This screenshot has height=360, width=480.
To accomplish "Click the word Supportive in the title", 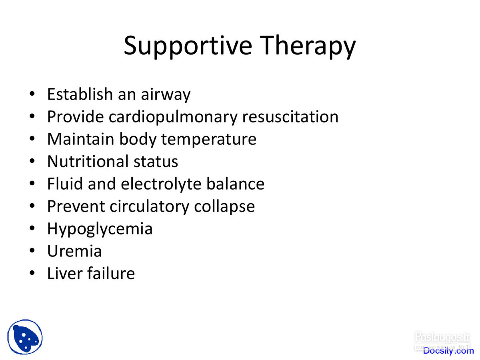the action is click(188, 46).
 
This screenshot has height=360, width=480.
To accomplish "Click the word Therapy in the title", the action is click(308, 46).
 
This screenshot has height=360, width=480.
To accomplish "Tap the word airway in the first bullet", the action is click(166, 95).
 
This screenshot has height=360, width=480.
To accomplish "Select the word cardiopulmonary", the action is click(173, 117).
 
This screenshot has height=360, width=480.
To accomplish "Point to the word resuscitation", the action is click(290, 117).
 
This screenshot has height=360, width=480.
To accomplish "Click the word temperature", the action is click(209, 140).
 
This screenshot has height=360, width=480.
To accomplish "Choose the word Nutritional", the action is click(88, 161).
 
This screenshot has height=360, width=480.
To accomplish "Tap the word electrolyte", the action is click(161, 184).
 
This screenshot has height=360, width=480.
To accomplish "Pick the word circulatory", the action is click(149, 207).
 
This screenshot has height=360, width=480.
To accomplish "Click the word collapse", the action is click(224, 207).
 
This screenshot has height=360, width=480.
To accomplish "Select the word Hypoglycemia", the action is click(100, 229).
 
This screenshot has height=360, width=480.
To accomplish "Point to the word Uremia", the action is click(74, 251).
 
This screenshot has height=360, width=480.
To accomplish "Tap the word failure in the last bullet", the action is click(111, 273).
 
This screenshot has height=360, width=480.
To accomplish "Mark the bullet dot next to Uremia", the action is click(32, 250).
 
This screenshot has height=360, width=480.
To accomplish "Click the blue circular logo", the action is click(25, 337).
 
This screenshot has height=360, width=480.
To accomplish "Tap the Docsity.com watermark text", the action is click(448, 351).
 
